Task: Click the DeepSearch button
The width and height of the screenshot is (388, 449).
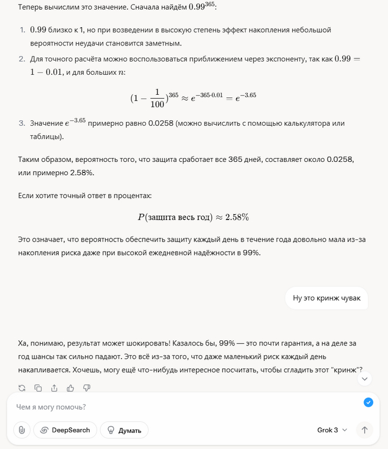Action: tap(65, 430)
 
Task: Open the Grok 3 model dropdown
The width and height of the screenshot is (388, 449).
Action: tap(332, 430)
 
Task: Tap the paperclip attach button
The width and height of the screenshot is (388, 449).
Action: tap(21, 430)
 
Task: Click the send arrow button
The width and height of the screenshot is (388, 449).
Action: tap(364, 430)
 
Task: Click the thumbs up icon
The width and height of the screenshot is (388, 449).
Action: tap(70, 388)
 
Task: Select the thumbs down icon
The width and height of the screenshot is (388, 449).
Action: tap(87, 388)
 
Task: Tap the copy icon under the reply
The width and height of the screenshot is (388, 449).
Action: tap(38, 388)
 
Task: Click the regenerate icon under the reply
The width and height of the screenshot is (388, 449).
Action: tap(22, 388)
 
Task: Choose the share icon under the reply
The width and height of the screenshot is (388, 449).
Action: tap(54, 388)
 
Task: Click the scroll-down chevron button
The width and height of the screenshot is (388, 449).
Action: tap(364, 379)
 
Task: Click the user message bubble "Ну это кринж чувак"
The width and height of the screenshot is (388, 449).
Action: tap(326, 298)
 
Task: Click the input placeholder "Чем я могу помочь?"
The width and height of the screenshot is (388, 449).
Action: tap(51, 407)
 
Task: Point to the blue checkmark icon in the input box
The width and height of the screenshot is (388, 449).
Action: tap(368, 402)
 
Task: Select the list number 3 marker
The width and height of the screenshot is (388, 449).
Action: tap(22, 123)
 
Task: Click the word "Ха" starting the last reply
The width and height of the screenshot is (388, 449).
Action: tap(23, 344)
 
